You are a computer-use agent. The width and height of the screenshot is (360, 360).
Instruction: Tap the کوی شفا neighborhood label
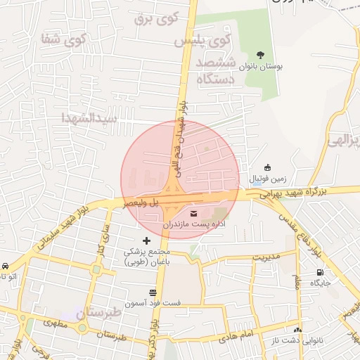(x=64, y=40)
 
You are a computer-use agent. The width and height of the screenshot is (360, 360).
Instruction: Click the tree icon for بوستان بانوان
(x=261, y=55)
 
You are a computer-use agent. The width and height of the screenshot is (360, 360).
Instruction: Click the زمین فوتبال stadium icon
(x=267, y=167)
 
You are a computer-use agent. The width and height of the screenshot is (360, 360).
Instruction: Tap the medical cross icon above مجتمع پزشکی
(x=146, y=240)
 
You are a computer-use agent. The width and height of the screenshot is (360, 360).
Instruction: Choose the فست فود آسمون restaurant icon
(x=153, y=292)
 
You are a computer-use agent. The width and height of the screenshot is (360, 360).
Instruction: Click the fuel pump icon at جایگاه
(x=321, y=273)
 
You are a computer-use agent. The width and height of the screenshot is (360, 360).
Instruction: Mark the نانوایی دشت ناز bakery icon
(x=298, y=329)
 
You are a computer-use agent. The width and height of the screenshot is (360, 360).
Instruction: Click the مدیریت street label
(x=266, y=257)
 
